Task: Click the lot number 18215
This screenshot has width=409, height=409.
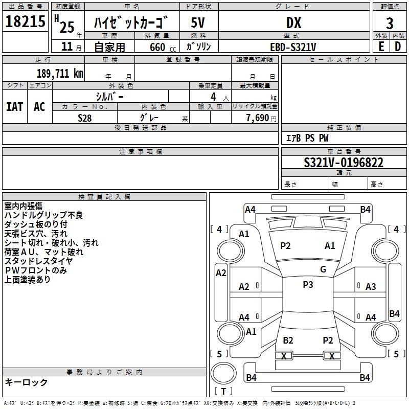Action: coord(26,22)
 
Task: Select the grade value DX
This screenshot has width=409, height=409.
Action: coord(293,22)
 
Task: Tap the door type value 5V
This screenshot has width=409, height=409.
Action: coord(198,22)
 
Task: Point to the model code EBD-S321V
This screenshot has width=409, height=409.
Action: coord(293,47)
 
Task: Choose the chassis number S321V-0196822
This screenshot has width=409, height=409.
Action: coord(344,163)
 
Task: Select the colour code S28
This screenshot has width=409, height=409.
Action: coord(85,117)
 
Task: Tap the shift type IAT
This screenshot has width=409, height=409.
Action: coord(14,106)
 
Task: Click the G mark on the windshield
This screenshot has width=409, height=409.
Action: coord(323,269)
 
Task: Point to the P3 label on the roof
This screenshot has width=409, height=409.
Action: coord(308,285)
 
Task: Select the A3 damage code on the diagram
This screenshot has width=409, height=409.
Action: coord(371,287)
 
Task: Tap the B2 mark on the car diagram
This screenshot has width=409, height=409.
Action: coord(288,340)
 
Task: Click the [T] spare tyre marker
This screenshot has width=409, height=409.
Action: coord(223,391)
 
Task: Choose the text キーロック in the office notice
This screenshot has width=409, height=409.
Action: coord(26,382)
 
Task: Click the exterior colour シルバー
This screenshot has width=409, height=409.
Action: coord(109,96)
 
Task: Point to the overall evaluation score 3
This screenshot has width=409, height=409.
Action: coord(390,24)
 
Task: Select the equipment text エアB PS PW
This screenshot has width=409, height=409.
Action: coord(307,138)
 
